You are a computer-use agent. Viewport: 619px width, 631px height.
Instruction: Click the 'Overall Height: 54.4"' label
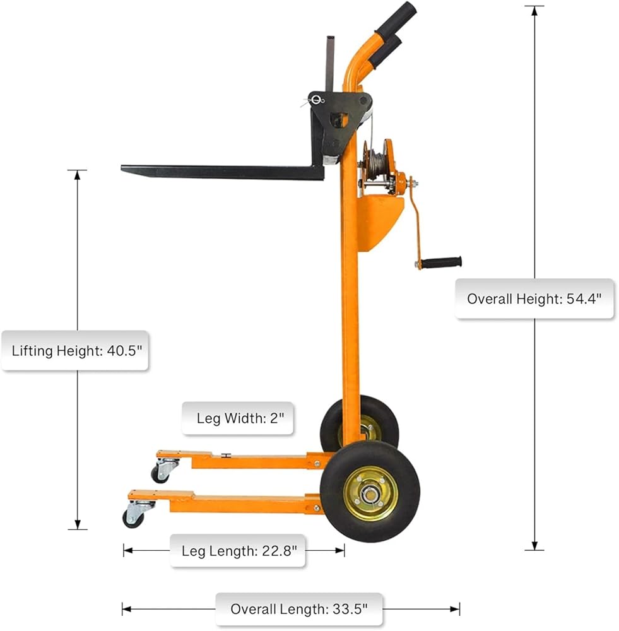(534, 298)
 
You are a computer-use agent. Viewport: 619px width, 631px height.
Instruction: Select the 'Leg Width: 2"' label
(237, 418)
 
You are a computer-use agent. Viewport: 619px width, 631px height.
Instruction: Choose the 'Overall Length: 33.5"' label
(298, 609)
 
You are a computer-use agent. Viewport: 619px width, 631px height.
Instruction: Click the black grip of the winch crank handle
(441, 262)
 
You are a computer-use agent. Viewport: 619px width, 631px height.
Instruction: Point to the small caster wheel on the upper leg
(161, 474)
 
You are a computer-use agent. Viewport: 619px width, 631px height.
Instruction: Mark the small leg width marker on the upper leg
(225, 455)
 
